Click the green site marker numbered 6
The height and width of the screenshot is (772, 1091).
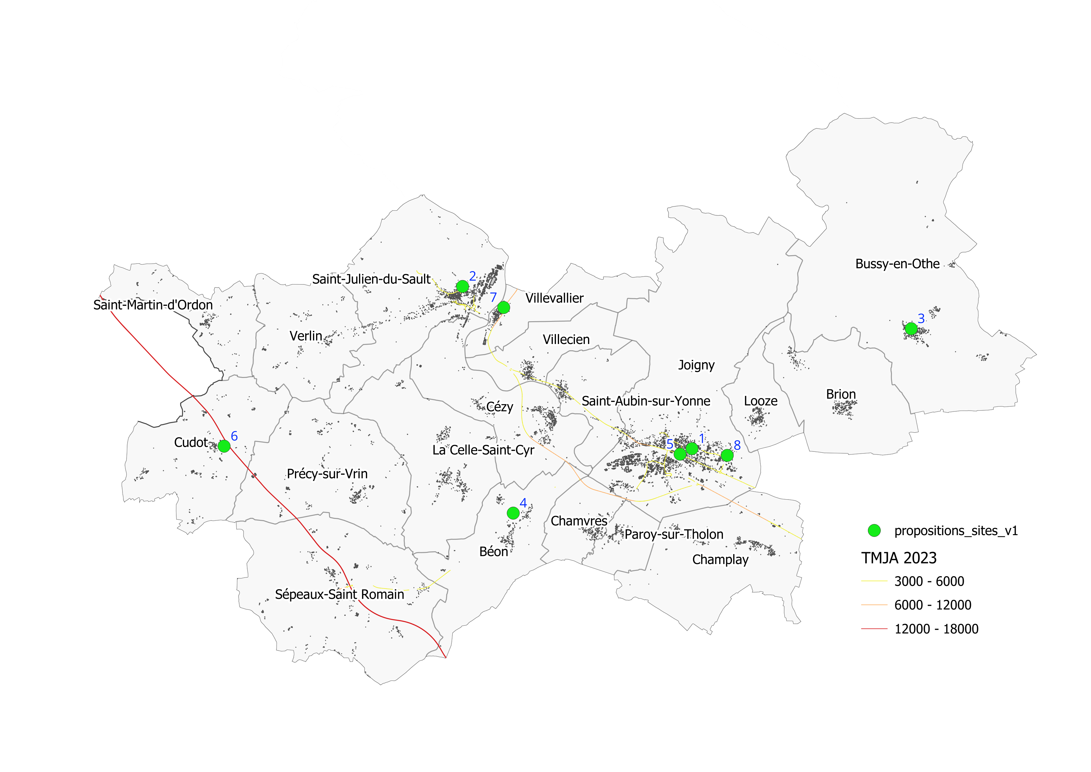pyautogui.click(x=224, y=446)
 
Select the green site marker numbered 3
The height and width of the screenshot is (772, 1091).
pyautogui.click(x=911, y=328)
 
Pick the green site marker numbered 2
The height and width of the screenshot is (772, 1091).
pyautogui.click(x=462, y=286)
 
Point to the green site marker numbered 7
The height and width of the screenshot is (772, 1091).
pyautogui.click(x=504, y=308)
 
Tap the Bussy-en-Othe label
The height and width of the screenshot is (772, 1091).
pyautogui.click(x=897, y=264)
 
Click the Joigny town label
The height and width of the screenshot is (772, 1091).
pyautogui.click(x=696, y=365)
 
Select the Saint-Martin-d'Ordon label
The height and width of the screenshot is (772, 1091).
pyautogui.click(x=153, y=305)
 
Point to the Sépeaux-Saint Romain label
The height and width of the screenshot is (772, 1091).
pyautogui.click(x=339, y=594)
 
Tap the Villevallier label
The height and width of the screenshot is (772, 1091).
pyautogui.click(x=554, y=298)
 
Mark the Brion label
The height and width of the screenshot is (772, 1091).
pyautogui.click(x=841, y=394)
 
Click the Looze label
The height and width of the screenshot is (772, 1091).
pyautogui.click(x=760, y=401)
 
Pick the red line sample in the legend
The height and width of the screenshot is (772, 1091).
pyautogui.click(x=874, y=629)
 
